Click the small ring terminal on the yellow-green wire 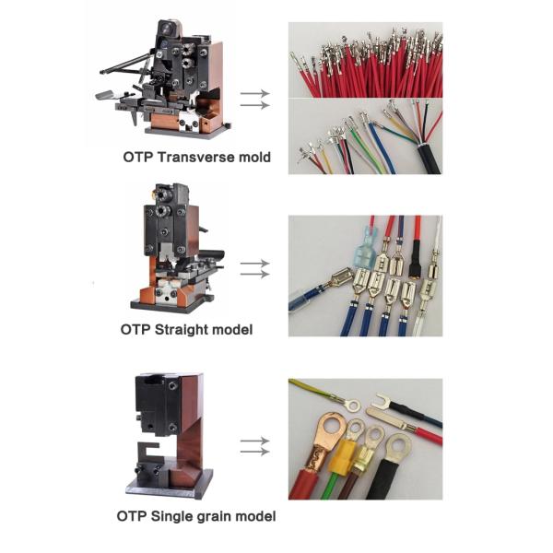pos(349,403)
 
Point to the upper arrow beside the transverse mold pos(254,93)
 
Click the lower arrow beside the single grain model pos(254,451)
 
